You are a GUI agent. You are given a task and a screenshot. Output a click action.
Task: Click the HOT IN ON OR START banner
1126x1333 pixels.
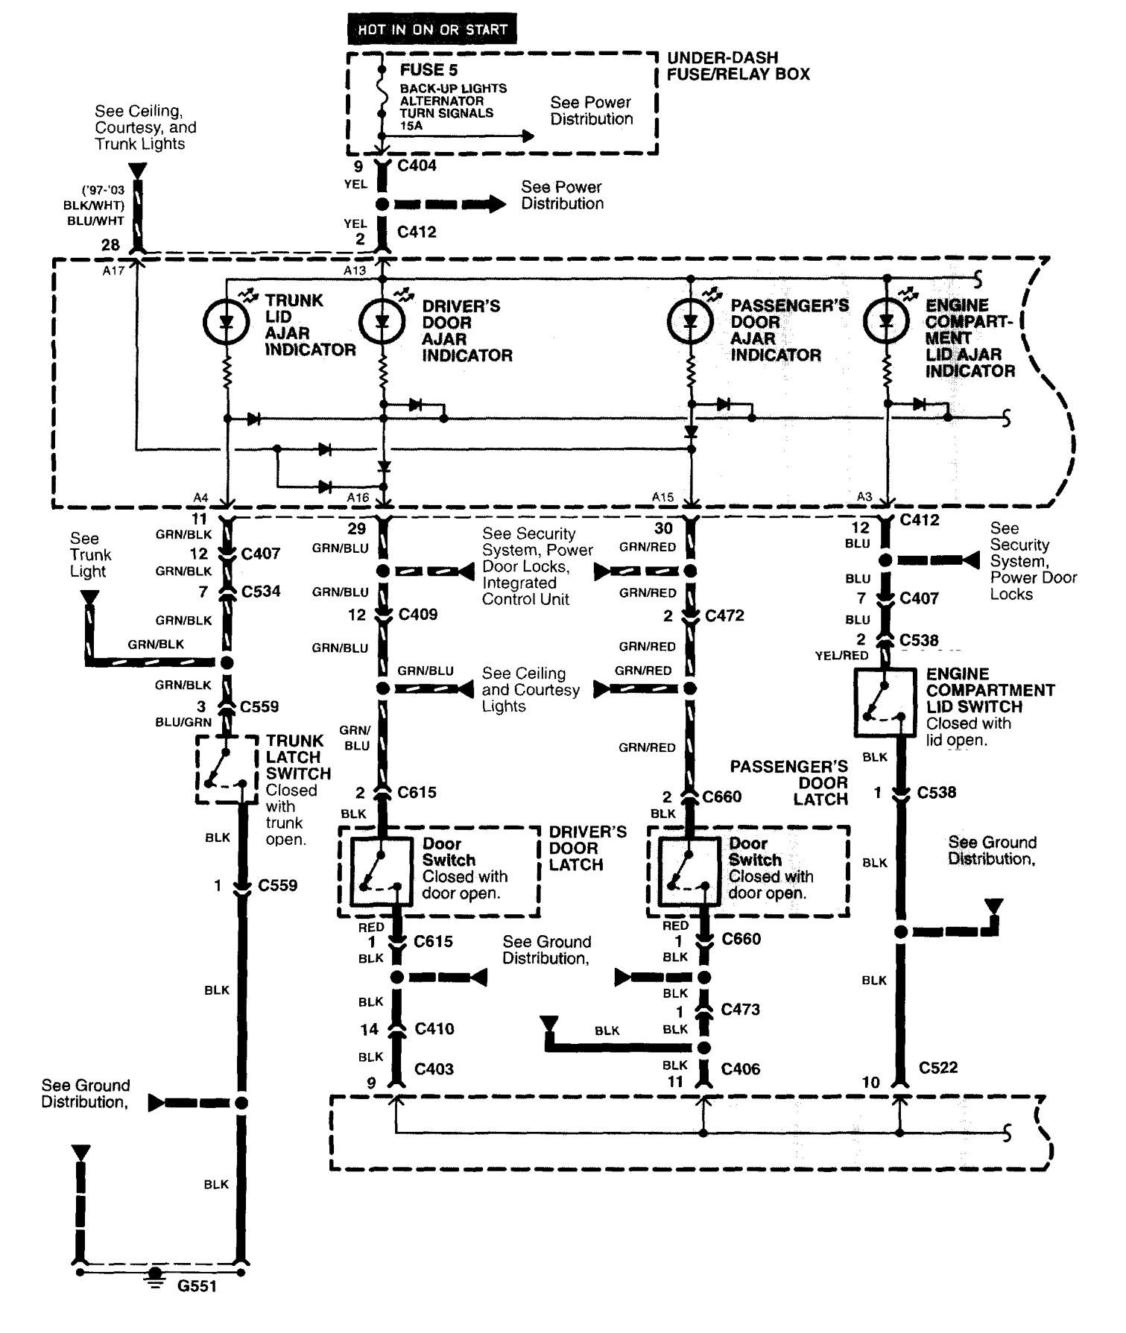432,30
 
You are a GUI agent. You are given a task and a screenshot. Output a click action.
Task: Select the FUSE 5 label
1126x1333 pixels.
428,70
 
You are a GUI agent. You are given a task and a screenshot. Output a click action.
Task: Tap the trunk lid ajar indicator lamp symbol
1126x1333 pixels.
226,321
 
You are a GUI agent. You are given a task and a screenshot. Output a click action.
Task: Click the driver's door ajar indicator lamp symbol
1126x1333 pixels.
382,321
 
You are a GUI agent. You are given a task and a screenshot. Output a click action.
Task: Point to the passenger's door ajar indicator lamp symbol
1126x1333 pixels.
690,321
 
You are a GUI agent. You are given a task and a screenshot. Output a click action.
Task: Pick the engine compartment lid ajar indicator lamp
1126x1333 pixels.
886,321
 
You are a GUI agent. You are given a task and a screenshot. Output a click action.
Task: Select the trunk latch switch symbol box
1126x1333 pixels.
226,770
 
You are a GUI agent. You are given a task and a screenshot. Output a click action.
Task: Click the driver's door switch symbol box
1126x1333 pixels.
381,870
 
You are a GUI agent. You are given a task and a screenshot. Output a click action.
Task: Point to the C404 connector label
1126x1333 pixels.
417,165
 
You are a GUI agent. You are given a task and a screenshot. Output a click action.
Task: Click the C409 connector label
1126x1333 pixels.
417,615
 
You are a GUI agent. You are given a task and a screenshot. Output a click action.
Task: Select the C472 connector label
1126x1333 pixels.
724,615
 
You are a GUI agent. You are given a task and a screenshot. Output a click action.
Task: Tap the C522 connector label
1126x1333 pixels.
937,1067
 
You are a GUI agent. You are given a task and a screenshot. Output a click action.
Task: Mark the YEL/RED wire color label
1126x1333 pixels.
841,656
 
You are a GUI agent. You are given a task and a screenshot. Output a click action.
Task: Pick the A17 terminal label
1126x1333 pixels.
113,271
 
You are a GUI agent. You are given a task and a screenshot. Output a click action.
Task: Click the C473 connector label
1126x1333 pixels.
740,1010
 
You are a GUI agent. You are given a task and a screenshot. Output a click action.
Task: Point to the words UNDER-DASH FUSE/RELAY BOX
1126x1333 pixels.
738,66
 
